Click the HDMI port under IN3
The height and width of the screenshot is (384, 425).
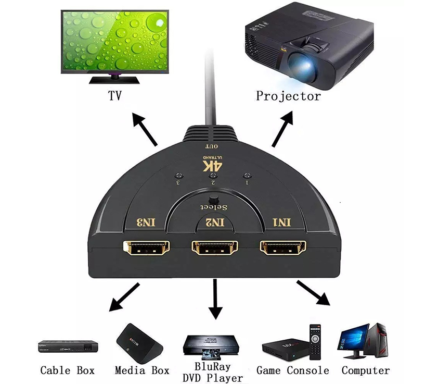click(x=146, y=247)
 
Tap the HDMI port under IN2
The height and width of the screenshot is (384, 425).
click(x=215, y=247)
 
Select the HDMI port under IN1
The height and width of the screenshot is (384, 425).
click(x=283, y=247)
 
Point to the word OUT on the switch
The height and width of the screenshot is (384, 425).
click(x=211, y=146)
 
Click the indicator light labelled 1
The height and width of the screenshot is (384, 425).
click(x=247, y=176)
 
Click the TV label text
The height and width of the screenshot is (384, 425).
click(x=115, y=95)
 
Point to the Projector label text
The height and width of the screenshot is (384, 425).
click(x=288, y=96)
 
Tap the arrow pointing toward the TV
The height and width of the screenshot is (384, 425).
click(x=145, y=129)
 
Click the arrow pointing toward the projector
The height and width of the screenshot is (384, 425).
click(x=282, y=129)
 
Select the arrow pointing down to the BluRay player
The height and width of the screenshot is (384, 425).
click(x=215, y=299)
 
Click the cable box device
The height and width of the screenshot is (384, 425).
click(x=68, y=346)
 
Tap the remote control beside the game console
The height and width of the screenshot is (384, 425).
click(x=315, y=342)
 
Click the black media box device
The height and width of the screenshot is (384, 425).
click(x=139, y=343)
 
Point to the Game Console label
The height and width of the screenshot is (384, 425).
click(x=293, y=370)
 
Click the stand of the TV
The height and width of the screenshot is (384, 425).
click(x=114, y=79)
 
